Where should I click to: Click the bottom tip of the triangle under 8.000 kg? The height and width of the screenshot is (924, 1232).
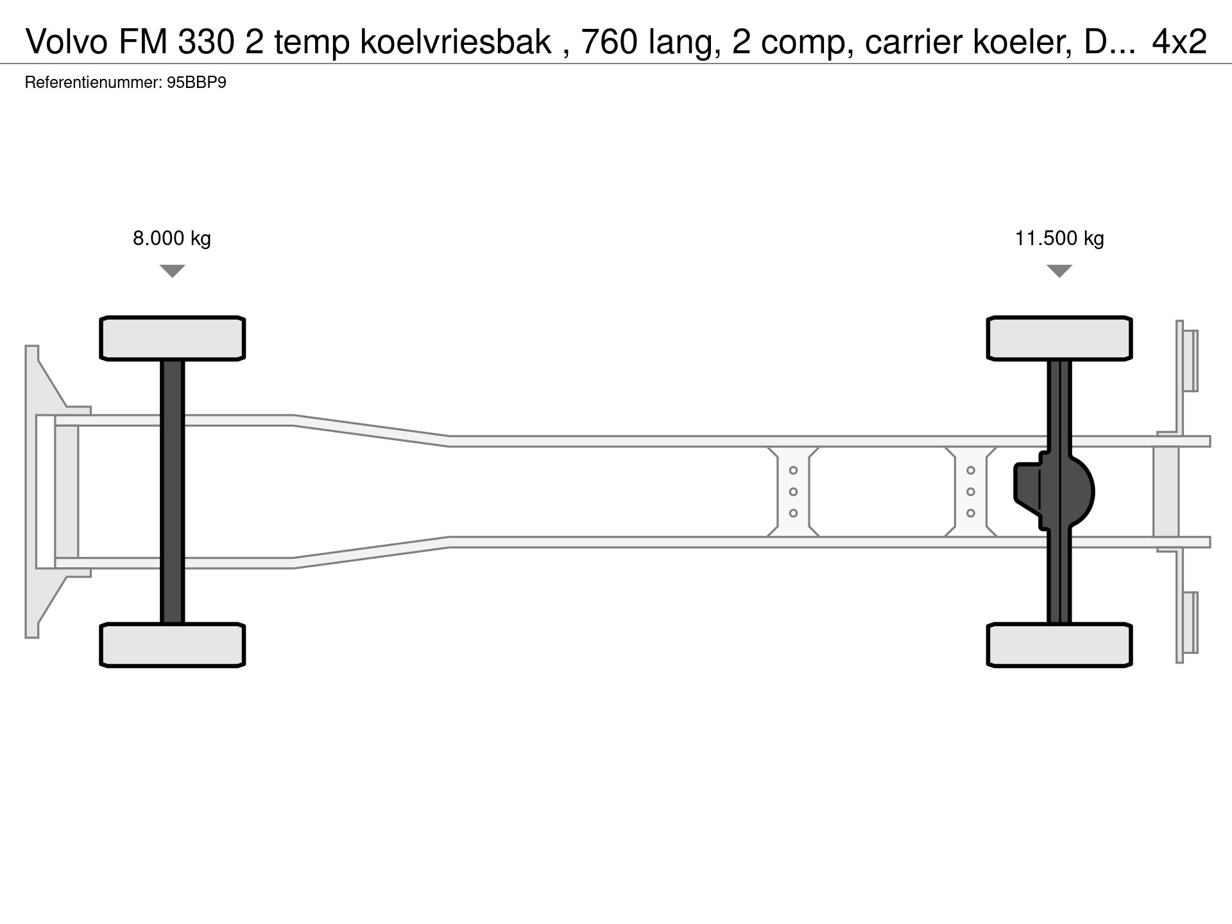tap(173, 277)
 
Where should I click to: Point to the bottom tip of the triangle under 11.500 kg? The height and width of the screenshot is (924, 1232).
tap(1059, 277)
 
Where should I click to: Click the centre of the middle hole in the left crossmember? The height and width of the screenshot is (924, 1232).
tap(793, 492)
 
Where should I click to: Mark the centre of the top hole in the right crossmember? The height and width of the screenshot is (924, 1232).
tap(971, 470)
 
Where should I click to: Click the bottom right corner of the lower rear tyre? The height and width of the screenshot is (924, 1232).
tap(1131, 665)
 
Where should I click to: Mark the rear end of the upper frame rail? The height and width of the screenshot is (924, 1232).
tap(1210, 441)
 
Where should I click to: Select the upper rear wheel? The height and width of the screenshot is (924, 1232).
tap(1059, 338)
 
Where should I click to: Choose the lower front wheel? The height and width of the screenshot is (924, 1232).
tap(173, 645)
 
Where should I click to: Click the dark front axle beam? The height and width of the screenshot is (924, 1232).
tap(173, 492)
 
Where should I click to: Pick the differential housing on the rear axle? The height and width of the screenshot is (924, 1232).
tap(1054, 492)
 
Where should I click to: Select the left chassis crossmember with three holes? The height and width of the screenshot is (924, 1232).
tap(793, 492)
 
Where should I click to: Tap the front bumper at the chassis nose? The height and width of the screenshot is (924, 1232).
tap(45, 492)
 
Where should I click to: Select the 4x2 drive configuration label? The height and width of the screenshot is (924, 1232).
tap(1179, 42)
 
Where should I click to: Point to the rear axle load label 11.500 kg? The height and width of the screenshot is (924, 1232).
tap(1059, 239)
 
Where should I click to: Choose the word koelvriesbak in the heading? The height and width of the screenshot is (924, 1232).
tap(456, 42)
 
